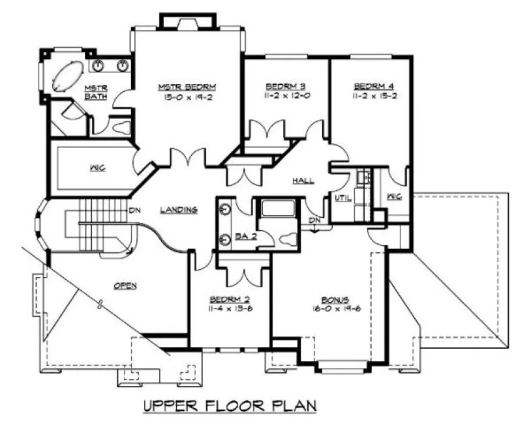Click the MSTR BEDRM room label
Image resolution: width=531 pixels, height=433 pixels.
point(187,86)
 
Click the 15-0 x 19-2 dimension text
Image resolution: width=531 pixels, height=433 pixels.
point(187,95)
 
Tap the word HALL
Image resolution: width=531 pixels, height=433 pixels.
point(303,180)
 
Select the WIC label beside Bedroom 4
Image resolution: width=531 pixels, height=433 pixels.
point(394,197)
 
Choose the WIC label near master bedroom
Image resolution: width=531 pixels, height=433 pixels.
point(97,168)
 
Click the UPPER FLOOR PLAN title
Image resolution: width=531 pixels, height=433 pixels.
point(230,406)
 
